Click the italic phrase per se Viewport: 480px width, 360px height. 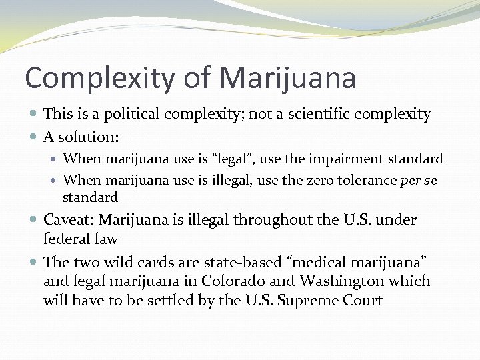pyautogui.click(x=419, y=181)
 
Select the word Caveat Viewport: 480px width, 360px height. pyautogui.click(x=67, y=220)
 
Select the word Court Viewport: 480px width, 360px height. pyautogui.click(x=364, y=300)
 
